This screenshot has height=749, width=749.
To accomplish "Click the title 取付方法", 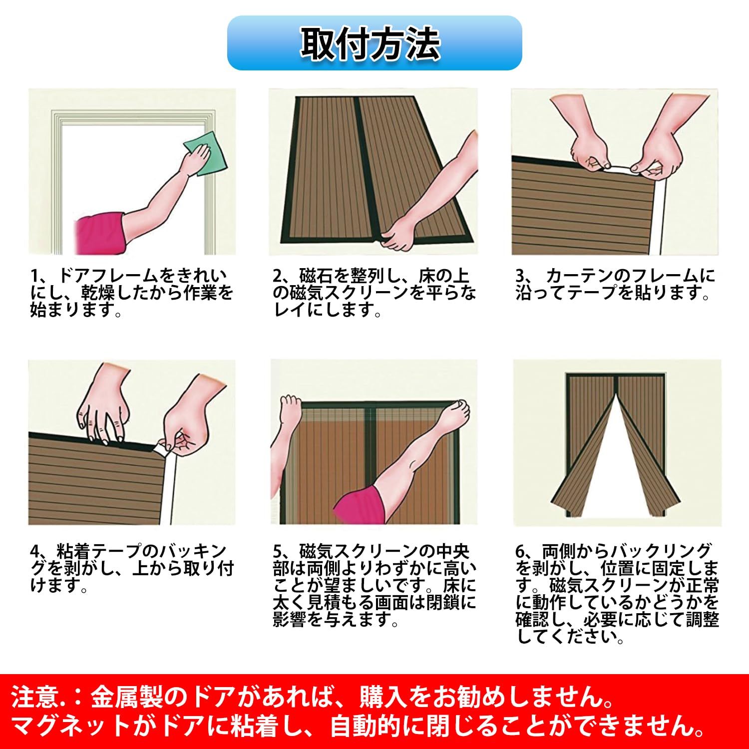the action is click(x=370, y=44).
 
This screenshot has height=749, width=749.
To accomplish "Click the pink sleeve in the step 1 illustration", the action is click(x=99, y=233).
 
